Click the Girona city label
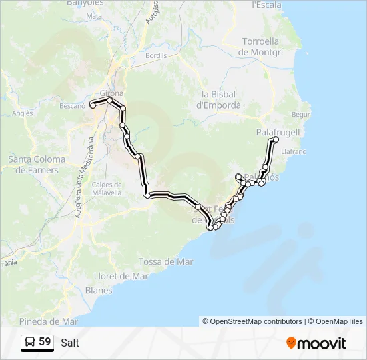click(x=111, y=93)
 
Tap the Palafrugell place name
click(x=278, y=133)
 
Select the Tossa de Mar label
click(x=166, y=262)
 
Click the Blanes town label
click(x=99, y=290)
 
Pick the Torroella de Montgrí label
click(x=264, y=46)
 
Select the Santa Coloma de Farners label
click(x=37, y=165)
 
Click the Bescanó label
click(x=73, y=105)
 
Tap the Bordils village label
click(x=155, y=55)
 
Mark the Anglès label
click(x=22, y=113)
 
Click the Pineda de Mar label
click(x=49, y=321)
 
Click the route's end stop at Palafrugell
click(x=276, y=139)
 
